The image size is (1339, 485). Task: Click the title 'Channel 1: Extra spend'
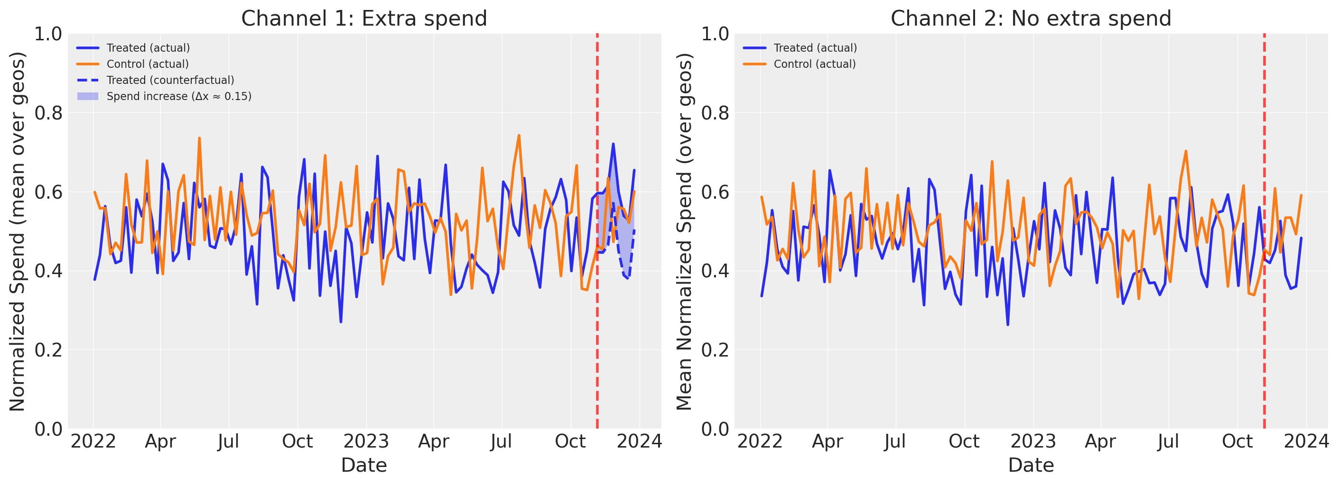point(364,18)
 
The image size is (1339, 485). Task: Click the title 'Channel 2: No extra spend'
point(1031,18)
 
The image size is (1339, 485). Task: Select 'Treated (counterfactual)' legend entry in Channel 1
point(170,80)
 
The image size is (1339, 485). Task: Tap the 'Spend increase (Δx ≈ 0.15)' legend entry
point(179,96)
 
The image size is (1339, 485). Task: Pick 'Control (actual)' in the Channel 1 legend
point(148,64)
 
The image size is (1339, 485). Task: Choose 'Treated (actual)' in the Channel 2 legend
point(815,48)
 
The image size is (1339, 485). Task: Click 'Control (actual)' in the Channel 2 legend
point(815,64)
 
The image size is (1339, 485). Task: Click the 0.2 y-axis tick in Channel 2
point(715,350)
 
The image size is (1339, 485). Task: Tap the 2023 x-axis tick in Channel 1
point(366,441)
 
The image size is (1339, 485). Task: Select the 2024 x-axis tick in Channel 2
point(1306,441)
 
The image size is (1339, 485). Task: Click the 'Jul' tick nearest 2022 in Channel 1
point(228,441)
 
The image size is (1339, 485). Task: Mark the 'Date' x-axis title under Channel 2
point(1031,465)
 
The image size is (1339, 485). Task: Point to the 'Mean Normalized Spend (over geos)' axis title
point(684,231)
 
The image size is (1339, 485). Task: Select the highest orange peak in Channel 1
point(519,136)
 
